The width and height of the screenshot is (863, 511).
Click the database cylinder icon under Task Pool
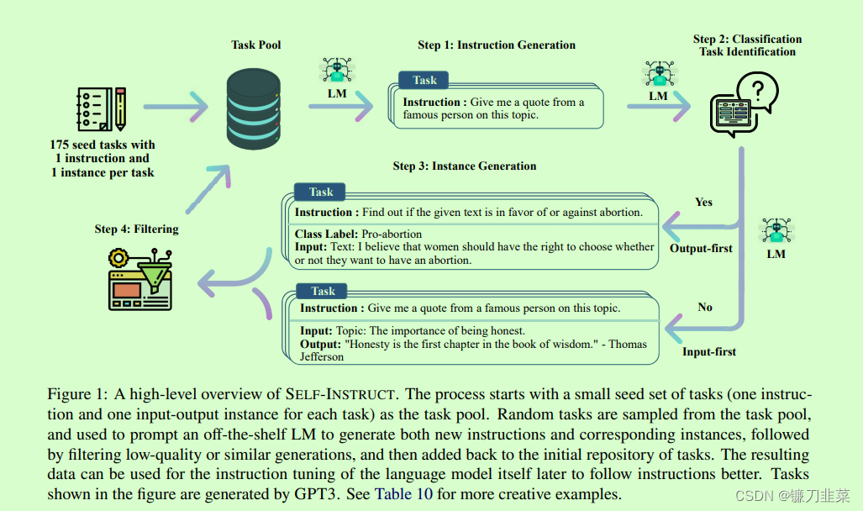coord(254,108)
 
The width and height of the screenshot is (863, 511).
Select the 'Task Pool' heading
coord(257,45)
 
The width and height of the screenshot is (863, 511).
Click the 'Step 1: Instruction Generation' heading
coord(497,45)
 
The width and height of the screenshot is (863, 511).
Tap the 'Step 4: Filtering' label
coord(136,229)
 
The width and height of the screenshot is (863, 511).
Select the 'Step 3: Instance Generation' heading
coord(464,166)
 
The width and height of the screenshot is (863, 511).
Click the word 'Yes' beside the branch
coord(704,202)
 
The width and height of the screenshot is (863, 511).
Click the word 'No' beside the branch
coord(705,307)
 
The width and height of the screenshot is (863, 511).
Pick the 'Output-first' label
coord(701,248)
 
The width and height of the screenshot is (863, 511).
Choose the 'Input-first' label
coord(709,351)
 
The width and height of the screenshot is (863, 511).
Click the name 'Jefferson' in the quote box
coord(322,356)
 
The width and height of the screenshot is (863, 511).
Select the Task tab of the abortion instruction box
coord(321,192)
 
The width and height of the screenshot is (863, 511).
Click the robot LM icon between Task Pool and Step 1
coord(337,71)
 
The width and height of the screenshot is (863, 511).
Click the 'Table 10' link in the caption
coord(403,494)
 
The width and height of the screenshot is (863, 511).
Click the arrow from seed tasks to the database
coord(176,108)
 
